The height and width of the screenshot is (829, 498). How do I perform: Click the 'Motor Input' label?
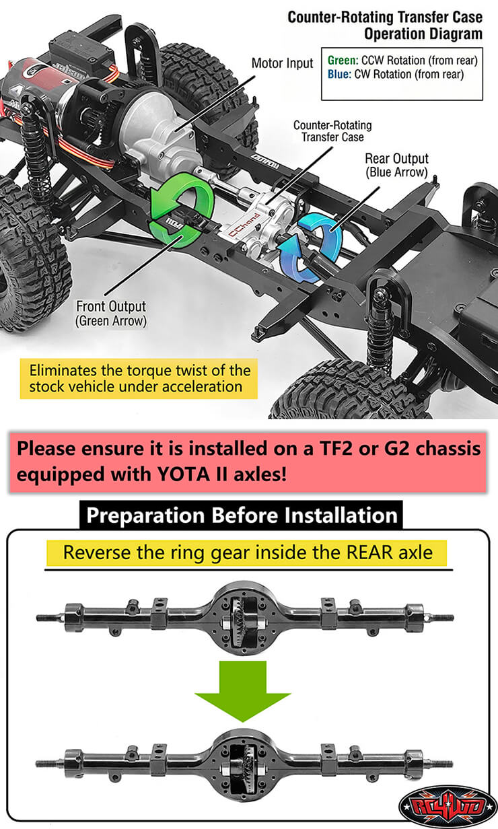(x=282, y=63)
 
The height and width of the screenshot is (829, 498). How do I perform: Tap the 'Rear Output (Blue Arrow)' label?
(x=396, y=165)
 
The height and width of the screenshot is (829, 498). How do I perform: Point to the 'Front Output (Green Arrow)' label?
(x=111, y=314)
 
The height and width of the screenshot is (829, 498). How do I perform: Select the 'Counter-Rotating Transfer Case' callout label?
(x=332, y=131)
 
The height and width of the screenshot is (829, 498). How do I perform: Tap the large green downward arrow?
(x=243, y=691)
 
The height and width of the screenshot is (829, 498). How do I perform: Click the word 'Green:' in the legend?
(x=343, y=61)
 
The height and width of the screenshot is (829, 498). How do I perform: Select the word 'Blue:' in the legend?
(x=339, y=75)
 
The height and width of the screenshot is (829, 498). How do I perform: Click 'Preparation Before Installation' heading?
(x=242, y=515)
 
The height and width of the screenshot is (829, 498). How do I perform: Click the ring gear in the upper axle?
(x=238, y=614)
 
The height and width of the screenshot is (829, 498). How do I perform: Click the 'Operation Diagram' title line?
(x=423, y=34)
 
